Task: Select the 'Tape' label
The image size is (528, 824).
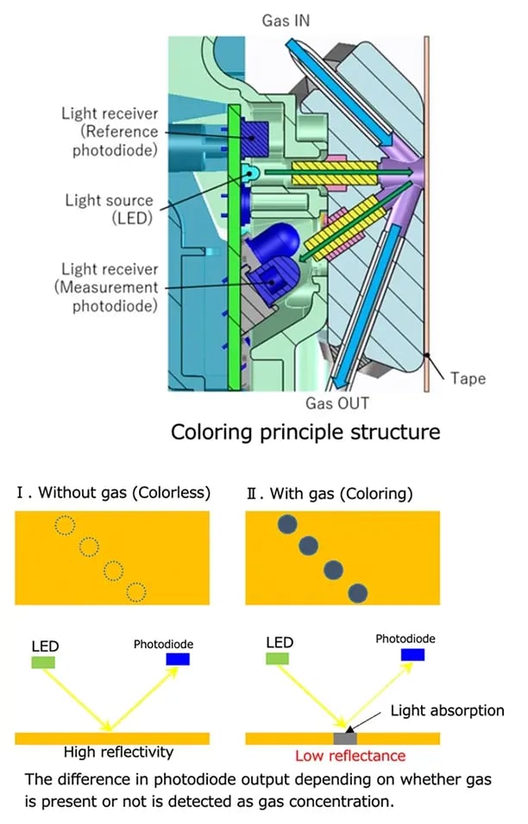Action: [x=468, y=378]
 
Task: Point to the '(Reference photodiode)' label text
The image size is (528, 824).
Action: [x=115, y=140]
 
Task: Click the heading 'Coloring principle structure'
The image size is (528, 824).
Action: [x=305, y=431]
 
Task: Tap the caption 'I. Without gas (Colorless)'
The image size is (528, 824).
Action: [x=113, y=494]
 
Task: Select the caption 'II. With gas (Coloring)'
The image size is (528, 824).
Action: [x=330, y=494]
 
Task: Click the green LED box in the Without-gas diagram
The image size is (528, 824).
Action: [x=43, y=662]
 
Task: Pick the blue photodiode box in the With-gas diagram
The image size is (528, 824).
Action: [x=412, y=654]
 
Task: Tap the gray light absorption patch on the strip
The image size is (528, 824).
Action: [x=345, y=739]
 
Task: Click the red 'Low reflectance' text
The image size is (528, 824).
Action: [x=349, y=756]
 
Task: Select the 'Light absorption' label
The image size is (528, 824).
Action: [x=447, y=711]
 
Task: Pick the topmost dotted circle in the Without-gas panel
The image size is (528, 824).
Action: [x=63, y=524]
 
